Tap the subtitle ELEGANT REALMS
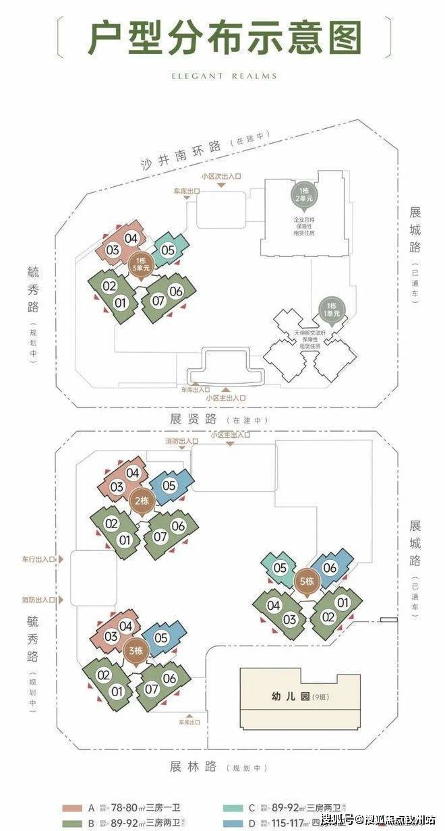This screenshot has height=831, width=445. [x=222, y=76]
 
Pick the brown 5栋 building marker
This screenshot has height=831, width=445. [x=305, y=581]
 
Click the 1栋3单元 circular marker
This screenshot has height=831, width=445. [x=141, y=263]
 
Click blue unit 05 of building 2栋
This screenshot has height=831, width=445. [x=169, y=485]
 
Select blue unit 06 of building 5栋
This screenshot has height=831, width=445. [x=330, y=568]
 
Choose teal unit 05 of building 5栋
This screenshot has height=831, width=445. [x=280, y=568]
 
